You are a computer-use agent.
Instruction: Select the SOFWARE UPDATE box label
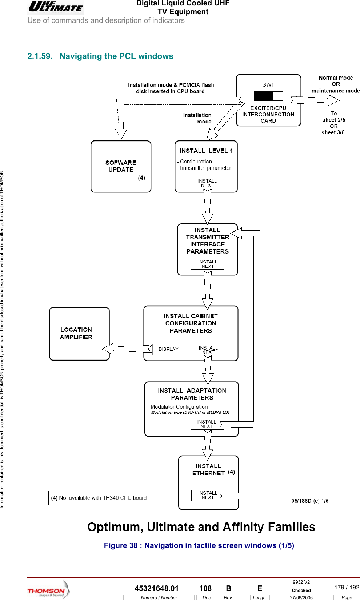tap(121, 166)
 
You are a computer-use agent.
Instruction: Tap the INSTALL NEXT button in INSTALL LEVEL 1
tap(207, 183)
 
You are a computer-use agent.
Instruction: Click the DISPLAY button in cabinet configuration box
tap(168, 349)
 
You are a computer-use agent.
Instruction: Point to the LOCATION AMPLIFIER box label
tap(76, 333)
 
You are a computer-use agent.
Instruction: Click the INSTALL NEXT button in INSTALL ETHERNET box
tap(208, 495)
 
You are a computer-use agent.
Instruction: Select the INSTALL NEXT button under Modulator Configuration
tap(207, 424)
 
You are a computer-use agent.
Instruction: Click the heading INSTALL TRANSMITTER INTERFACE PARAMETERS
tap(207, 241)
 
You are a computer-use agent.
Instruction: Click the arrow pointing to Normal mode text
tap(315, 100)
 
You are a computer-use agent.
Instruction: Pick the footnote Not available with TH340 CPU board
tap(103, 498)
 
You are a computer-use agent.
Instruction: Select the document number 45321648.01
tap(157, 588)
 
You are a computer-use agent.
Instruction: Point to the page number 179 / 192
tap(346, 587)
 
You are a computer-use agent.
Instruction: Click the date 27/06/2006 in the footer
tap(301, 597)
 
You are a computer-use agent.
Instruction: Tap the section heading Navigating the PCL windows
tap(116, 56)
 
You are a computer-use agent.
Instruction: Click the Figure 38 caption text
tap(199, 545)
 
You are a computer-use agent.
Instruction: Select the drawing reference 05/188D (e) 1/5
tap(310, 501)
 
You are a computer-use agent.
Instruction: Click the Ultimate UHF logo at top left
tap(56, 7)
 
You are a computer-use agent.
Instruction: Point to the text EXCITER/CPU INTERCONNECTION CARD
tap(268, 114)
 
